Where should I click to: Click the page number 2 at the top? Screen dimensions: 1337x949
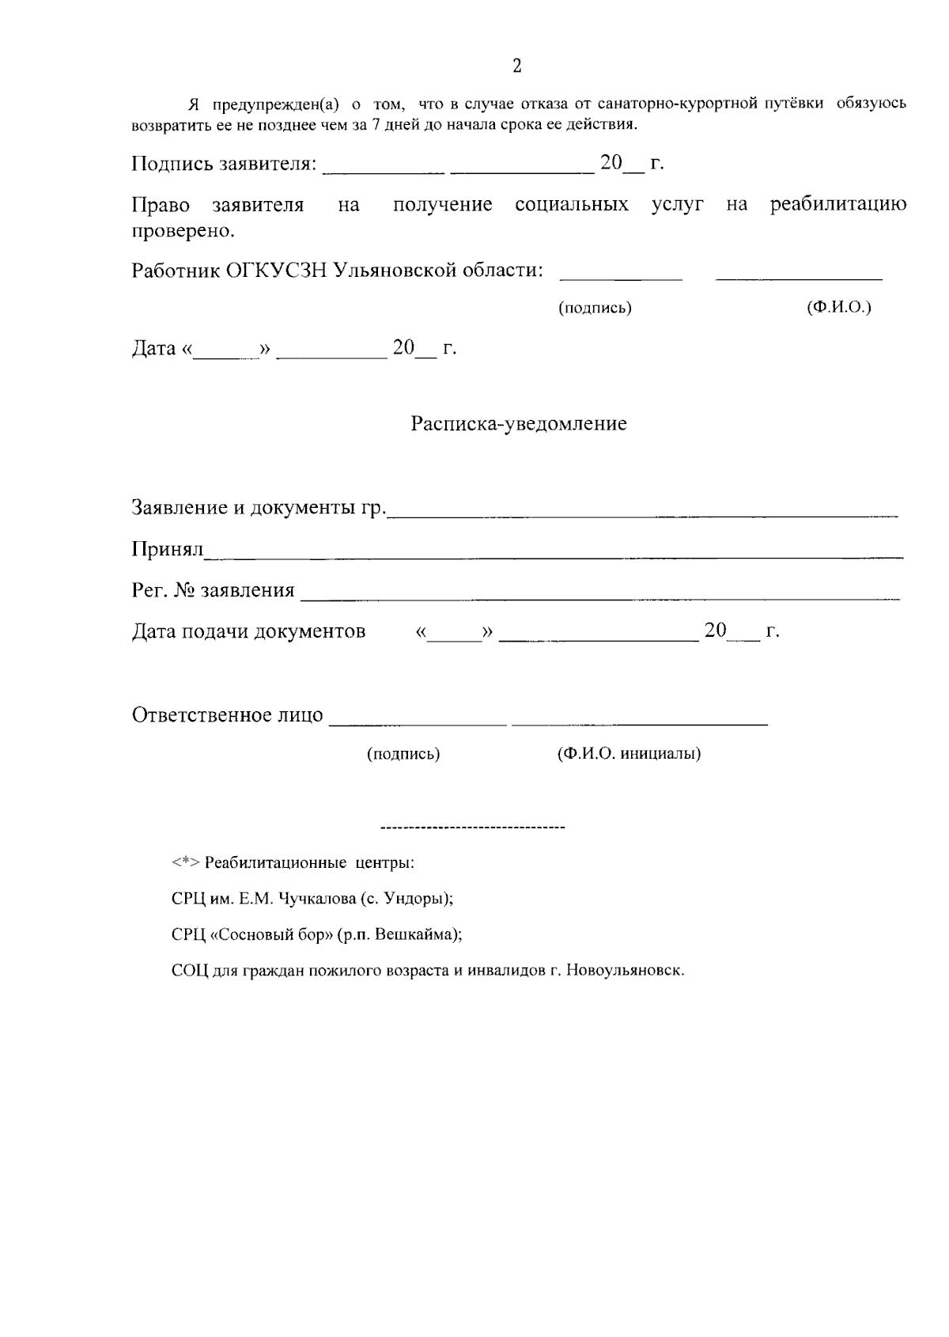tap(517, 66)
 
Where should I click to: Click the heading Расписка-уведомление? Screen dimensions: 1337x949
tap(518, 424)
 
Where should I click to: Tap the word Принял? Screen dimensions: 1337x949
tap(168, 548)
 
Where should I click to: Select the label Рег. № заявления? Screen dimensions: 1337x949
tap(213, 590)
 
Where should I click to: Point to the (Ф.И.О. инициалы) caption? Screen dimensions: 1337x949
tap(629, 753)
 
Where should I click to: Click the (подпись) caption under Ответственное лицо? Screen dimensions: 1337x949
tap(403, 754)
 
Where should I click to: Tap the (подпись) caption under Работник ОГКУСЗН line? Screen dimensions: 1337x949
tap(595, 309)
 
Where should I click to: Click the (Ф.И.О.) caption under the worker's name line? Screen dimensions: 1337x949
tap(838, 307)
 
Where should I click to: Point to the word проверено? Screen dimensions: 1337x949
tap(183, 231)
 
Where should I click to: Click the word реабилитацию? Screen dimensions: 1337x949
tap(838, 205)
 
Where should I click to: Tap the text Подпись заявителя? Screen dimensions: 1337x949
tap(223, 164)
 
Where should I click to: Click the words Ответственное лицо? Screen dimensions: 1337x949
tap(227, 715)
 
